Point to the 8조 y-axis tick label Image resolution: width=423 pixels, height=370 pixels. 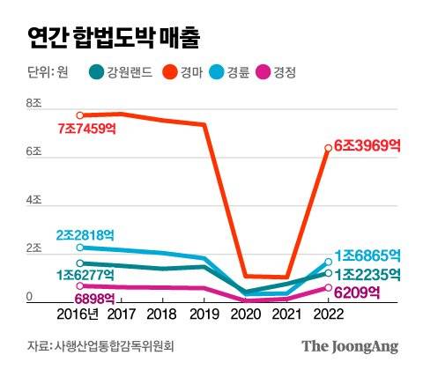tap(34, 104)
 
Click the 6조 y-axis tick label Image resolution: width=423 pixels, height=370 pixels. tap(34, 152)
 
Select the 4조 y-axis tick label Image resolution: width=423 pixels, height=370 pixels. tap(34, 202)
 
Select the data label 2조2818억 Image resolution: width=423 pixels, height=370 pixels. tap(85, 234)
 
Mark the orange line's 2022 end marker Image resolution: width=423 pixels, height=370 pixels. tap(328, 147)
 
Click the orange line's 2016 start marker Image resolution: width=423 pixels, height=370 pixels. tap(80, 115)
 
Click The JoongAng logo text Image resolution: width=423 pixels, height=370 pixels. tap(351, 346)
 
